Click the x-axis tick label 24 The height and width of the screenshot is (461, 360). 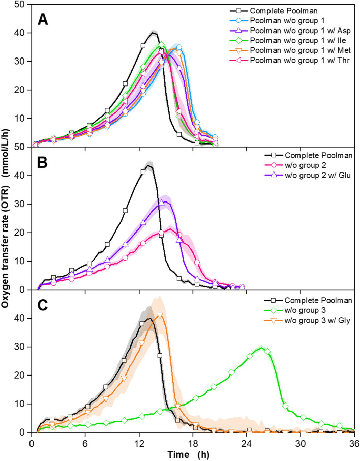247,441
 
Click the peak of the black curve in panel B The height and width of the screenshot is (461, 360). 148,165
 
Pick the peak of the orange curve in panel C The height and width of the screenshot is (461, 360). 160,314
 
